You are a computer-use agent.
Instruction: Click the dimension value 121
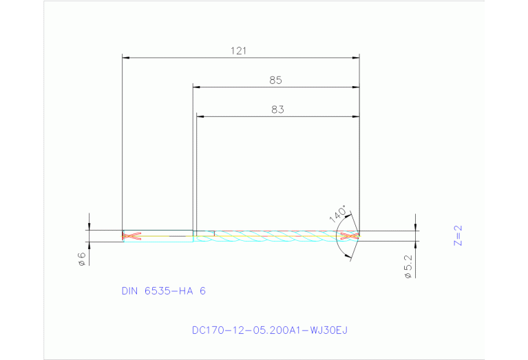[x=239, y=50]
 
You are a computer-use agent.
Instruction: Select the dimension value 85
[x=275, y=80]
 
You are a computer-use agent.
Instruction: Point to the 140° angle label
[x=338, y=215]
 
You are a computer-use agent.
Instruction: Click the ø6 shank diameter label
[x=81, y=258]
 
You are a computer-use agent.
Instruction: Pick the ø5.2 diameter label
[x=408, y=266]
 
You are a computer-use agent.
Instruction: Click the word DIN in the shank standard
[x=130, y=291]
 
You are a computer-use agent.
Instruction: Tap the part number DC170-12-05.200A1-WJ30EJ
[x=270, y=330]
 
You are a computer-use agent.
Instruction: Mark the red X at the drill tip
[x=350, y=236]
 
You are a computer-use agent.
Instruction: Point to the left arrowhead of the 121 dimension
[x=126, y=58]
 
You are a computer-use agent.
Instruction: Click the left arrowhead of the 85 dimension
[x=196, y=87]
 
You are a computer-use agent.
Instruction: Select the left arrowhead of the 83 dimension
[x=200, y=116]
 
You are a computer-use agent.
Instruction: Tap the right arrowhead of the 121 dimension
[x=356, y=58]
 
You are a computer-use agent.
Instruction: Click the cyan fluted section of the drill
[x=275, y=236]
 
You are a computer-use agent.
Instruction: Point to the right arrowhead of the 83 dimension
[x=356, y=116]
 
